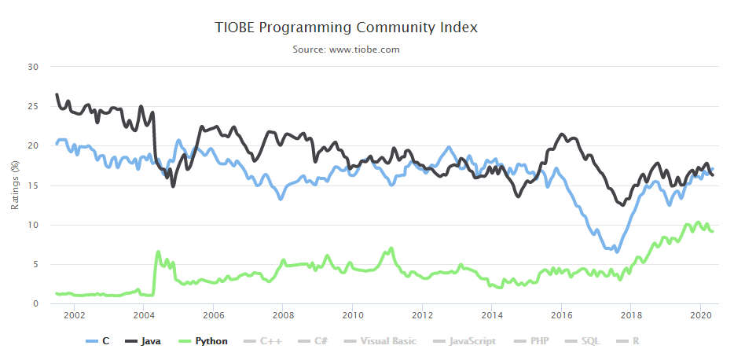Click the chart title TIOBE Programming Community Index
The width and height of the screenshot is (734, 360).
(347, 28)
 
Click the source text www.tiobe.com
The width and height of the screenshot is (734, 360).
(347, 50)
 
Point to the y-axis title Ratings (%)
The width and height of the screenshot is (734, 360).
(15, 185)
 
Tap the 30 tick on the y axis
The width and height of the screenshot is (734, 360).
(33, 67)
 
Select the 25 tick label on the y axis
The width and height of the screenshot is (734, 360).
(33, 106)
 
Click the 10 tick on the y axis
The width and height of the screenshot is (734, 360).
(33, 225)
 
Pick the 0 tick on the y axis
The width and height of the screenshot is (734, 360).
(35, 303)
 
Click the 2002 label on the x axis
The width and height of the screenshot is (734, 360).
(74, 316)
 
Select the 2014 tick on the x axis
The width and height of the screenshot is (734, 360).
(491, 316)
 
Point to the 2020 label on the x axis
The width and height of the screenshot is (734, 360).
(699, 316)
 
